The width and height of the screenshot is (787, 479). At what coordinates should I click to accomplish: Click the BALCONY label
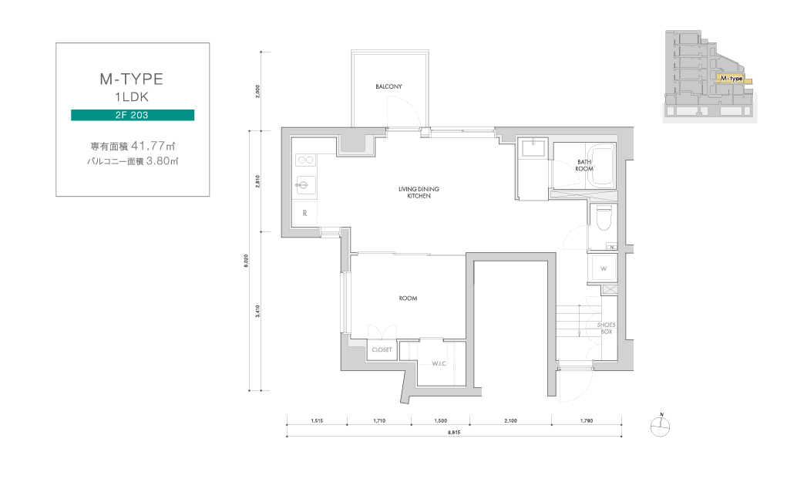click(388, 86)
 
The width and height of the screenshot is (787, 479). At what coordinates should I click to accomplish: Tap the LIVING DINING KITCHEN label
click(419, 192)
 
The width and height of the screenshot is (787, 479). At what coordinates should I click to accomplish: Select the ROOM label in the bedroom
click(408, 299)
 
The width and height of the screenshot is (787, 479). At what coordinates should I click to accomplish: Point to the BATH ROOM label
click(584, 165)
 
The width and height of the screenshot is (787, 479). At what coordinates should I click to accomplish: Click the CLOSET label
click(382, 349)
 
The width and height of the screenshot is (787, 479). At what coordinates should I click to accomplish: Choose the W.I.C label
click(439, 363)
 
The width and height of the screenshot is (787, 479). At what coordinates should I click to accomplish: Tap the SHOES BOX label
click(607, 329)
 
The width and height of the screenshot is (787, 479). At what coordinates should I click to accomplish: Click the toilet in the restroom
click(604, 218)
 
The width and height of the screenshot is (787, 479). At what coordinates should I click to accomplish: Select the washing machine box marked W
click(604, 268)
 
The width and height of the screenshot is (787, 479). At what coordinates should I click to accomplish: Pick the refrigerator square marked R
click(304, 213)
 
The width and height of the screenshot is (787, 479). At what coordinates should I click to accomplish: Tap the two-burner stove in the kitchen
click(306, 160)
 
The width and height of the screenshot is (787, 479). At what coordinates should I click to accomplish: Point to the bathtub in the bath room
click(600, 166)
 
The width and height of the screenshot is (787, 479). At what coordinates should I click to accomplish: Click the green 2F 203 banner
click(133, 115)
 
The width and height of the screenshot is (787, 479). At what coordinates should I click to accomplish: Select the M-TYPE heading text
click(132, 79)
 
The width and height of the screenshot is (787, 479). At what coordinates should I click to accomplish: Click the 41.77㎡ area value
click(153, 146)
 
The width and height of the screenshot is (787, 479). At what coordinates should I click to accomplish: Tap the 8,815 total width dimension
click(454, 432)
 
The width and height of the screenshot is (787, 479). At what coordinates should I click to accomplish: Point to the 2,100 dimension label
click(510, 420)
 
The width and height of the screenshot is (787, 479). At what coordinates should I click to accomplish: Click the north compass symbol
click(660, 427)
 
